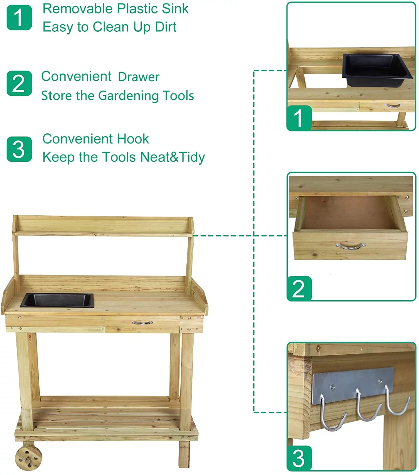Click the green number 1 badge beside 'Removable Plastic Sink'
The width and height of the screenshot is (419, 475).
click(x=19, y=17)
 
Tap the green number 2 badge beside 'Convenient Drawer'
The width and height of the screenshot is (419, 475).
click(x=19, y=83)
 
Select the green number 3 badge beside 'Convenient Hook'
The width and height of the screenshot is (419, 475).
click(x=19, y=149)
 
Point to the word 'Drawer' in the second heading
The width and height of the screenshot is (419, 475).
click(x=139, y=77)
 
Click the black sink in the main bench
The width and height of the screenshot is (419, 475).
click(x=57, y=300)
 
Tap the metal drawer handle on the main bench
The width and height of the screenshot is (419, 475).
click(x=142, y=323)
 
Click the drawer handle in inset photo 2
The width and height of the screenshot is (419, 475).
click(x=350, y=246)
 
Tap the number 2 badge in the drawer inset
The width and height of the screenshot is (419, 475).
click(x=299, y=288)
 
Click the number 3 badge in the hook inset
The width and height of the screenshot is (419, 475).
click(x=299, y=458)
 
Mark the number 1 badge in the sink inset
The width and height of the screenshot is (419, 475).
click(x=299, y=118)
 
